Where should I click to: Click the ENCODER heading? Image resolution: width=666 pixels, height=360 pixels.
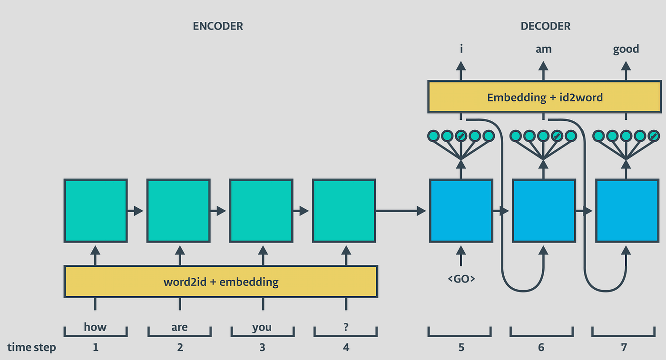point(218,26)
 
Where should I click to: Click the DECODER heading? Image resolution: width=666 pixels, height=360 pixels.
point(545,26)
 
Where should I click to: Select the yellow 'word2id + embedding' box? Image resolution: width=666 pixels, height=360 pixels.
point(221,282)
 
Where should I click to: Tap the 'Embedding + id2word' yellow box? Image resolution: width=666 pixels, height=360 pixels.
point(545,97)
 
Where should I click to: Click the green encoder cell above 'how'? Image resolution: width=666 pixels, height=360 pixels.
point(96,211)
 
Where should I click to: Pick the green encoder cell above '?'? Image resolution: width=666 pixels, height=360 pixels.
point(344,211)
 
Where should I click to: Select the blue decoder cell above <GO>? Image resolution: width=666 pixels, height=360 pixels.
point(460,211)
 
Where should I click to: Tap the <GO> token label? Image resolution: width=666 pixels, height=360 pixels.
point(461,279)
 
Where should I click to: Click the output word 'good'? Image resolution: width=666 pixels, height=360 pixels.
point(626,49)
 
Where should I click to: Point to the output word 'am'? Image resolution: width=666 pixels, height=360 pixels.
point(543,49)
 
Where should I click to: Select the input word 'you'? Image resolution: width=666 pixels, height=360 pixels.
point(262,327)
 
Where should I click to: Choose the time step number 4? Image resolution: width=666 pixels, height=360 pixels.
point(345,348)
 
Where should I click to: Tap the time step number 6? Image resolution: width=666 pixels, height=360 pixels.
point(541,348)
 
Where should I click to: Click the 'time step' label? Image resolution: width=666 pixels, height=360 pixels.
point(31,348)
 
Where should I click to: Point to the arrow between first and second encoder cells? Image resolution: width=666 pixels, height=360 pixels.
point(136,211)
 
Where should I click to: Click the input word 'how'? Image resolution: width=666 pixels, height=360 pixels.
point(95,327)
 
